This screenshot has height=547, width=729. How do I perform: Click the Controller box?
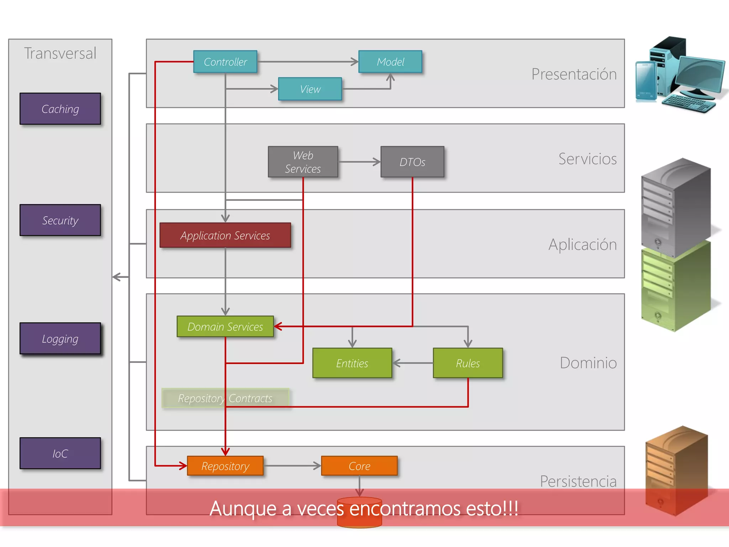(x=225, y=62)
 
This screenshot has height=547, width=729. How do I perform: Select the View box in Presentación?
(x=310, y=89)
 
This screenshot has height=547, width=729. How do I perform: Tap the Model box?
(x=390, y=62)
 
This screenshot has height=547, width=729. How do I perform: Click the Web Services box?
(x=303, y=162)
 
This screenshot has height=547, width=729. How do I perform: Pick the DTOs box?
(x=412, y=162)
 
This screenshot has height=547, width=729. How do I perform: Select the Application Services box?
(x=225, y=235)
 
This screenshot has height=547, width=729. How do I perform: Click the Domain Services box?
(x=225, y=327)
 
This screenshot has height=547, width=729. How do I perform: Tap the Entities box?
(x=352, y=363)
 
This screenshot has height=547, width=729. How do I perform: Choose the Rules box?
(x=468, y=363)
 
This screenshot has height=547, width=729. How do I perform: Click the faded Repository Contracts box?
(x=225, y=398)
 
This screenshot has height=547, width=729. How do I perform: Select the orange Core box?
(x=359, y=466)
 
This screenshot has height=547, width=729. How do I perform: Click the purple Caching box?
(x=60, y=109)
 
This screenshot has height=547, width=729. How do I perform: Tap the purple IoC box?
(x=60, y=453)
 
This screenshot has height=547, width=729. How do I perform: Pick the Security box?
(x=60, y=220)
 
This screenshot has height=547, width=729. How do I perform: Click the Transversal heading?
(x=60, y=53)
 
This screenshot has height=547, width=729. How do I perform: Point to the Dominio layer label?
(x=588, y=363)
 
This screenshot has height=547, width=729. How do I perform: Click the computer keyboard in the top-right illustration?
(x=689, y=104)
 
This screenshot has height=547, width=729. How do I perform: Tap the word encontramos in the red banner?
(x=405, y=509)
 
